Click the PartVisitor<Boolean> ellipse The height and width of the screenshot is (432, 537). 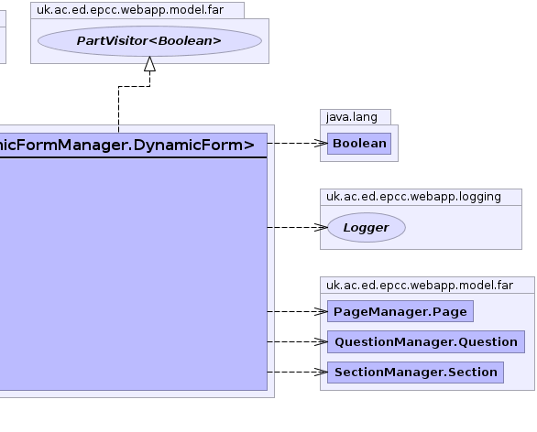[x=149, y=41]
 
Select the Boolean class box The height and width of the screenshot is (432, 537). [x=359, y=144]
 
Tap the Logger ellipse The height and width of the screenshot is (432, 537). [x=367, y=228]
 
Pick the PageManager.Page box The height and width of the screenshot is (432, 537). [x=400, y=311]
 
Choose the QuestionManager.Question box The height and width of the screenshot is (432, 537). [x=426, y=341]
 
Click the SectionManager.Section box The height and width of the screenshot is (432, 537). [x=415, y=373]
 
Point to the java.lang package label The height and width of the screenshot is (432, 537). [x=352, y=117]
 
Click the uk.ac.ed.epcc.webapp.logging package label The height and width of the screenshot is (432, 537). [x=413, y=197]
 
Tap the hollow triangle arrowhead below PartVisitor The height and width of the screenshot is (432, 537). [x=149, y=64]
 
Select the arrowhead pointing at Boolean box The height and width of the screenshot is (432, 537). [x=321, y=144]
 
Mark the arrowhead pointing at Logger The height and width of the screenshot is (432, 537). [x=321, y=227]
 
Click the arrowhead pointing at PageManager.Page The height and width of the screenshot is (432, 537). [x=321, y=311]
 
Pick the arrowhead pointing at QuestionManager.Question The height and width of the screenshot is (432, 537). [x=321, y=341]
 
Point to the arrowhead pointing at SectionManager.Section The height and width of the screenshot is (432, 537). [x=321, y=372]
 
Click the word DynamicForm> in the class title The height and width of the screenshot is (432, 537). [x=194, y=146]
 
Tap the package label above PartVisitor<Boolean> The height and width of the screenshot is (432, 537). [x=130, y=10]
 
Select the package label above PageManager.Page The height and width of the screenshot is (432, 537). [x=420, y=286]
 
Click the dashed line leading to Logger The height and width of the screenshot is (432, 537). [x=297, y=227]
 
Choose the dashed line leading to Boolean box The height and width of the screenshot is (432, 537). [x=297, y=144]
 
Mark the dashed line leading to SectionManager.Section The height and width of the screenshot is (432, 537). [x=297, y=372]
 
